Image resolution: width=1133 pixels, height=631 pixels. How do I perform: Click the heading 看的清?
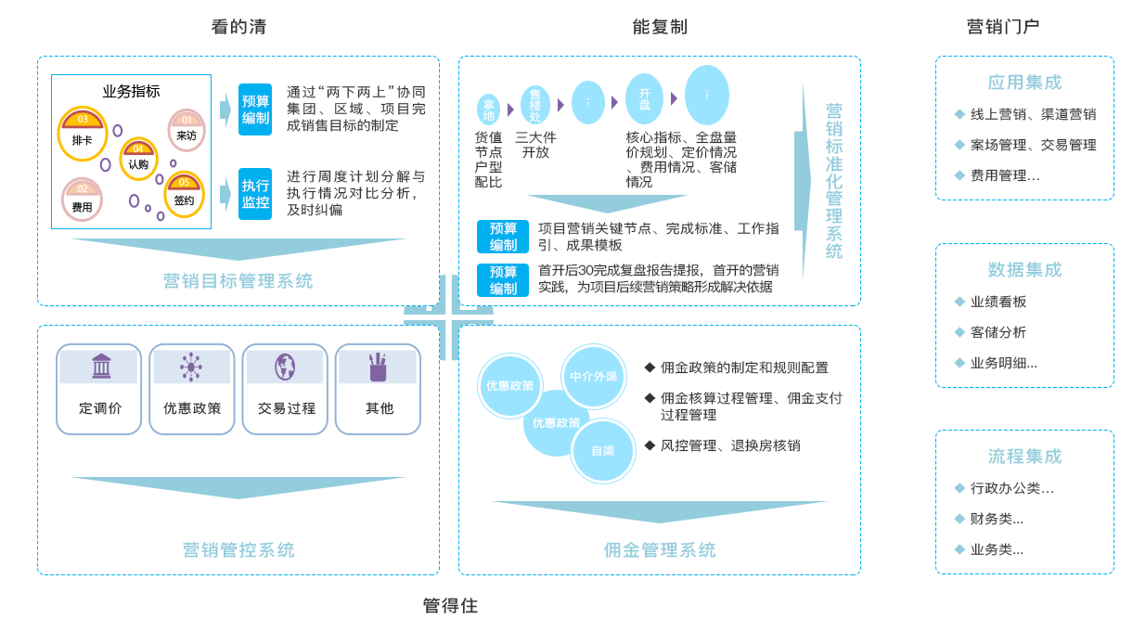[x=238, y=27]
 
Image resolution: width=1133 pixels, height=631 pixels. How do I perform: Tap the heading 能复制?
[x=660, y=27]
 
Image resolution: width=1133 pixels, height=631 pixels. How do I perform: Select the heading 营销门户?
[x=1002, y=27]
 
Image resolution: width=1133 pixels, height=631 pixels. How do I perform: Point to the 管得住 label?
[x=450, y=606]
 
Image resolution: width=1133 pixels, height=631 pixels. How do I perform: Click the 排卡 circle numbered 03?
[x=83, y=133]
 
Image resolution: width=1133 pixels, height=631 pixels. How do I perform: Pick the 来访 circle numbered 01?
[x=187, y=130]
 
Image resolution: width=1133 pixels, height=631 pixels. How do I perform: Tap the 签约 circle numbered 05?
[x=184, y=193]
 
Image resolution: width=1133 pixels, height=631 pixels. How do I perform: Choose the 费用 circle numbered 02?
[x=82, y=200]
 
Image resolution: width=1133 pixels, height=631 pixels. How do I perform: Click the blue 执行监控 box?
[x=255, y=193]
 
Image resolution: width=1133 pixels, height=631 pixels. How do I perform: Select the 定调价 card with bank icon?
[x=99, y=389]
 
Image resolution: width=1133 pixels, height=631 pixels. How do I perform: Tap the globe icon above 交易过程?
[x=284, y=367]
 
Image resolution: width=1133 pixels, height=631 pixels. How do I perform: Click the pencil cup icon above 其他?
[x=378, y=367]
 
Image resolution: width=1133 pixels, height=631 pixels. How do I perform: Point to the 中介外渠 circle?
[x=594, y=377]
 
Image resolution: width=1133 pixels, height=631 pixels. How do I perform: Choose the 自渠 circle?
[x=603, y=451]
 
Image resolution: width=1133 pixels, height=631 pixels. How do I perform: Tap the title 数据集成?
[x=1024, y=270]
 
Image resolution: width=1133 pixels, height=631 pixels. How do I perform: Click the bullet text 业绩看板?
[x=998, y=302]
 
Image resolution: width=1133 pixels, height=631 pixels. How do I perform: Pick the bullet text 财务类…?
[x=997, y=519]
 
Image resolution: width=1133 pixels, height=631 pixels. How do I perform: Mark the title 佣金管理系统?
[x=660, y=549]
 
